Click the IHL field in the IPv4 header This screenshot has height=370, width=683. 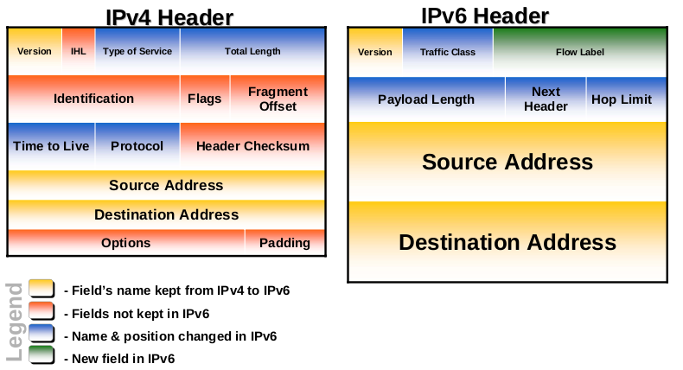[78, 51]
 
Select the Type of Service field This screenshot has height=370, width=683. [137, 51]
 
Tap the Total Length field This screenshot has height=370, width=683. [252, 51]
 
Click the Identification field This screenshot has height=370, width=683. [93, 99]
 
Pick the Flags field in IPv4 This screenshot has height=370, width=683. [205, 99]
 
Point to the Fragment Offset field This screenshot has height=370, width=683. [278, 99]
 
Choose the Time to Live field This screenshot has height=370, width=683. [51, 146]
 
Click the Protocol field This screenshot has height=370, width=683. [137, 146]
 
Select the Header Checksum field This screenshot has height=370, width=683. [252, 146]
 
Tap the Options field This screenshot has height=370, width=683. [125, 243]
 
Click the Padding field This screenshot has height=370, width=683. [284, 243]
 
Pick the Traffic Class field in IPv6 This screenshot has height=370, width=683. [448, 52]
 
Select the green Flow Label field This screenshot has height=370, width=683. [579, 52]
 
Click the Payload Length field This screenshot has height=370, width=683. [426, 99]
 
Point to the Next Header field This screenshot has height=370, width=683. [546, 99]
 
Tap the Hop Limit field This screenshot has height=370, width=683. [622, 99]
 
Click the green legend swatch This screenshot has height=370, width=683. [41, 355]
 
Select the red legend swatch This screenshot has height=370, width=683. [41, 311]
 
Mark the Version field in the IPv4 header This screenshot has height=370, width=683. [35, 51]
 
